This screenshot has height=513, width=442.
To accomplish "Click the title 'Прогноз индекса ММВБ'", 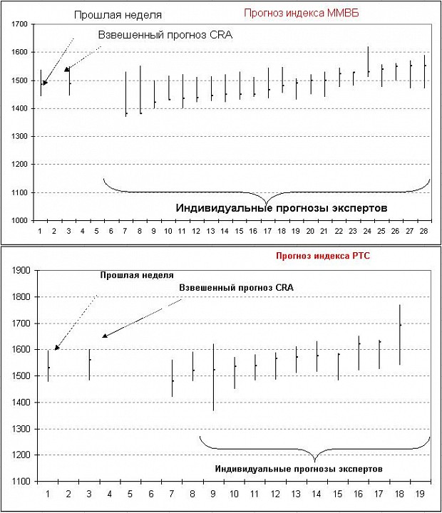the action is point(302,13).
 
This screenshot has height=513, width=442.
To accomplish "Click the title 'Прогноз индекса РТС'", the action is point(323,256).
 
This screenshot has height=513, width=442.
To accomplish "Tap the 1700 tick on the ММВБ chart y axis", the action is point(20,24).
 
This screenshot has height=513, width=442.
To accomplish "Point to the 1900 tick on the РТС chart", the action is point(21,270).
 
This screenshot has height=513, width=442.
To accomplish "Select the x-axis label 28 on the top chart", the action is point(423,232).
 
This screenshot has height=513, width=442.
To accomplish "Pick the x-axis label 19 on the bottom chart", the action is point(420,494).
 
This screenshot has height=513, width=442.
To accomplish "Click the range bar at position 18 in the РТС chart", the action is point(400,335).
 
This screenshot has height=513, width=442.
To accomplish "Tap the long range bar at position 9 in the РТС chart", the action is point(213,377).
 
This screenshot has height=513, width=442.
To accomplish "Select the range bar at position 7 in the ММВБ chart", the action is point(126,94).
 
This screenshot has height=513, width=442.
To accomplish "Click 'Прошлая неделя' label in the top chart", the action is point(118,15).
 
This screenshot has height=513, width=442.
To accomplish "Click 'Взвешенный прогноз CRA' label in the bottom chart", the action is point(236,288).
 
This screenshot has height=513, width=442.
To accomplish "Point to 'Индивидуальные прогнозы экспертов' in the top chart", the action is point(282,208).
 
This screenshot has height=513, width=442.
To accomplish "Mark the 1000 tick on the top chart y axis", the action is point(20,220).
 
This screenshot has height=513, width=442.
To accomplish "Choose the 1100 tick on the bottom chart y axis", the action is point(21,481).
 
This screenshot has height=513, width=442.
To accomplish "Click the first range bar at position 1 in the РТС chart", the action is point(48,366).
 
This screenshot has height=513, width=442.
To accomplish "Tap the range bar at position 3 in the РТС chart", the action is point(89,365).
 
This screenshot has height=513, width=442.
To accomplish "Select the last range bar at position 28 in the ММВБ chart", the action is point(424,72).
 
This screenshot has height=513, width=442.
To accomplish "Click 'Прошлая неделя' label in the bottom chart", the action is point(137,276).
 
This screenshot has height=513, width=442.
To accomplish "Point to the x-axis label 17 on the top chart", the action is point(267,232).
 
